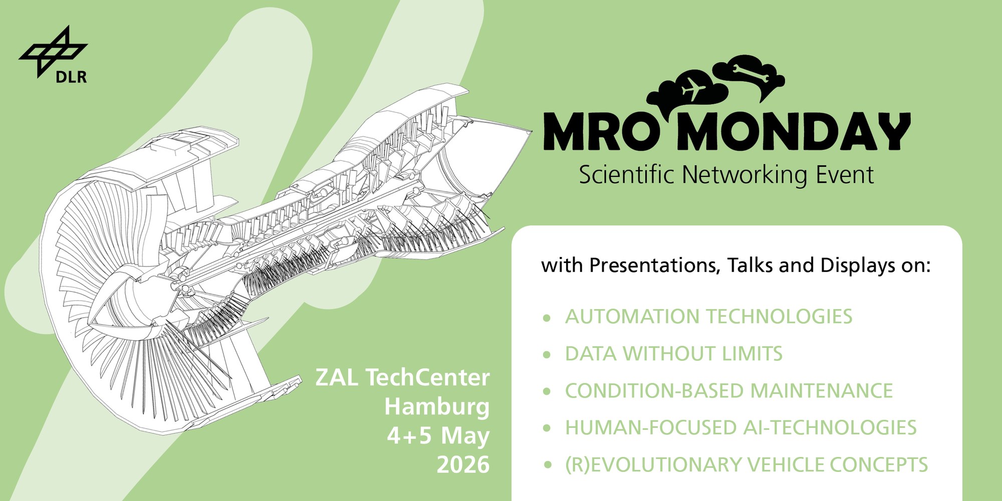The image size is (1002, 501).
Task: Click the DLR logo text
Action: (x=71, y=77)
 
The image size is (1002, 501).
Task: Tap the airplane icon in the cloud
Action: (x=694, y=88)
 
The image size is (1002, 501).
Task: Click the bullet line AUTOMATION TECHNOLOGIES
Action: (x=708, y=317)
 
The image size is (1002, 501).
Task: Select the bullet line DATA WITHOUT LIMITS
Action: (x=674, y=354)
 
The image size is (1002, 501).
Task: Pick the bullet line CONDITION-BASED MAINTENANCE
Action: (x=729, y=391)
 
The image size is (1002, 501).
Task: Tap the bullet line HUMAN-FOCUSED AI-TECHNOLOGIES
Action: (x=741, y=428)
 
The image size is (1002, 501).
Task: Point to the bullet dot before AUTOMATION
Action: (x=547, y=318)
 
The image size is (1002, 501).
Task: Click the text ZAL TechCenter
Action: (x=402, y=377)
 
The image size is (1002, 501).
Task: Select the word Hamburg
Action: (x=437, y=407)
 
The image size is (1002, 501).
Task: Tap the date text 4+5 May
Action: (x=438, y=436)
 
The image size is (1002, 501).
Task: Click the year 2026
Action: (x=463, y=465)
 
